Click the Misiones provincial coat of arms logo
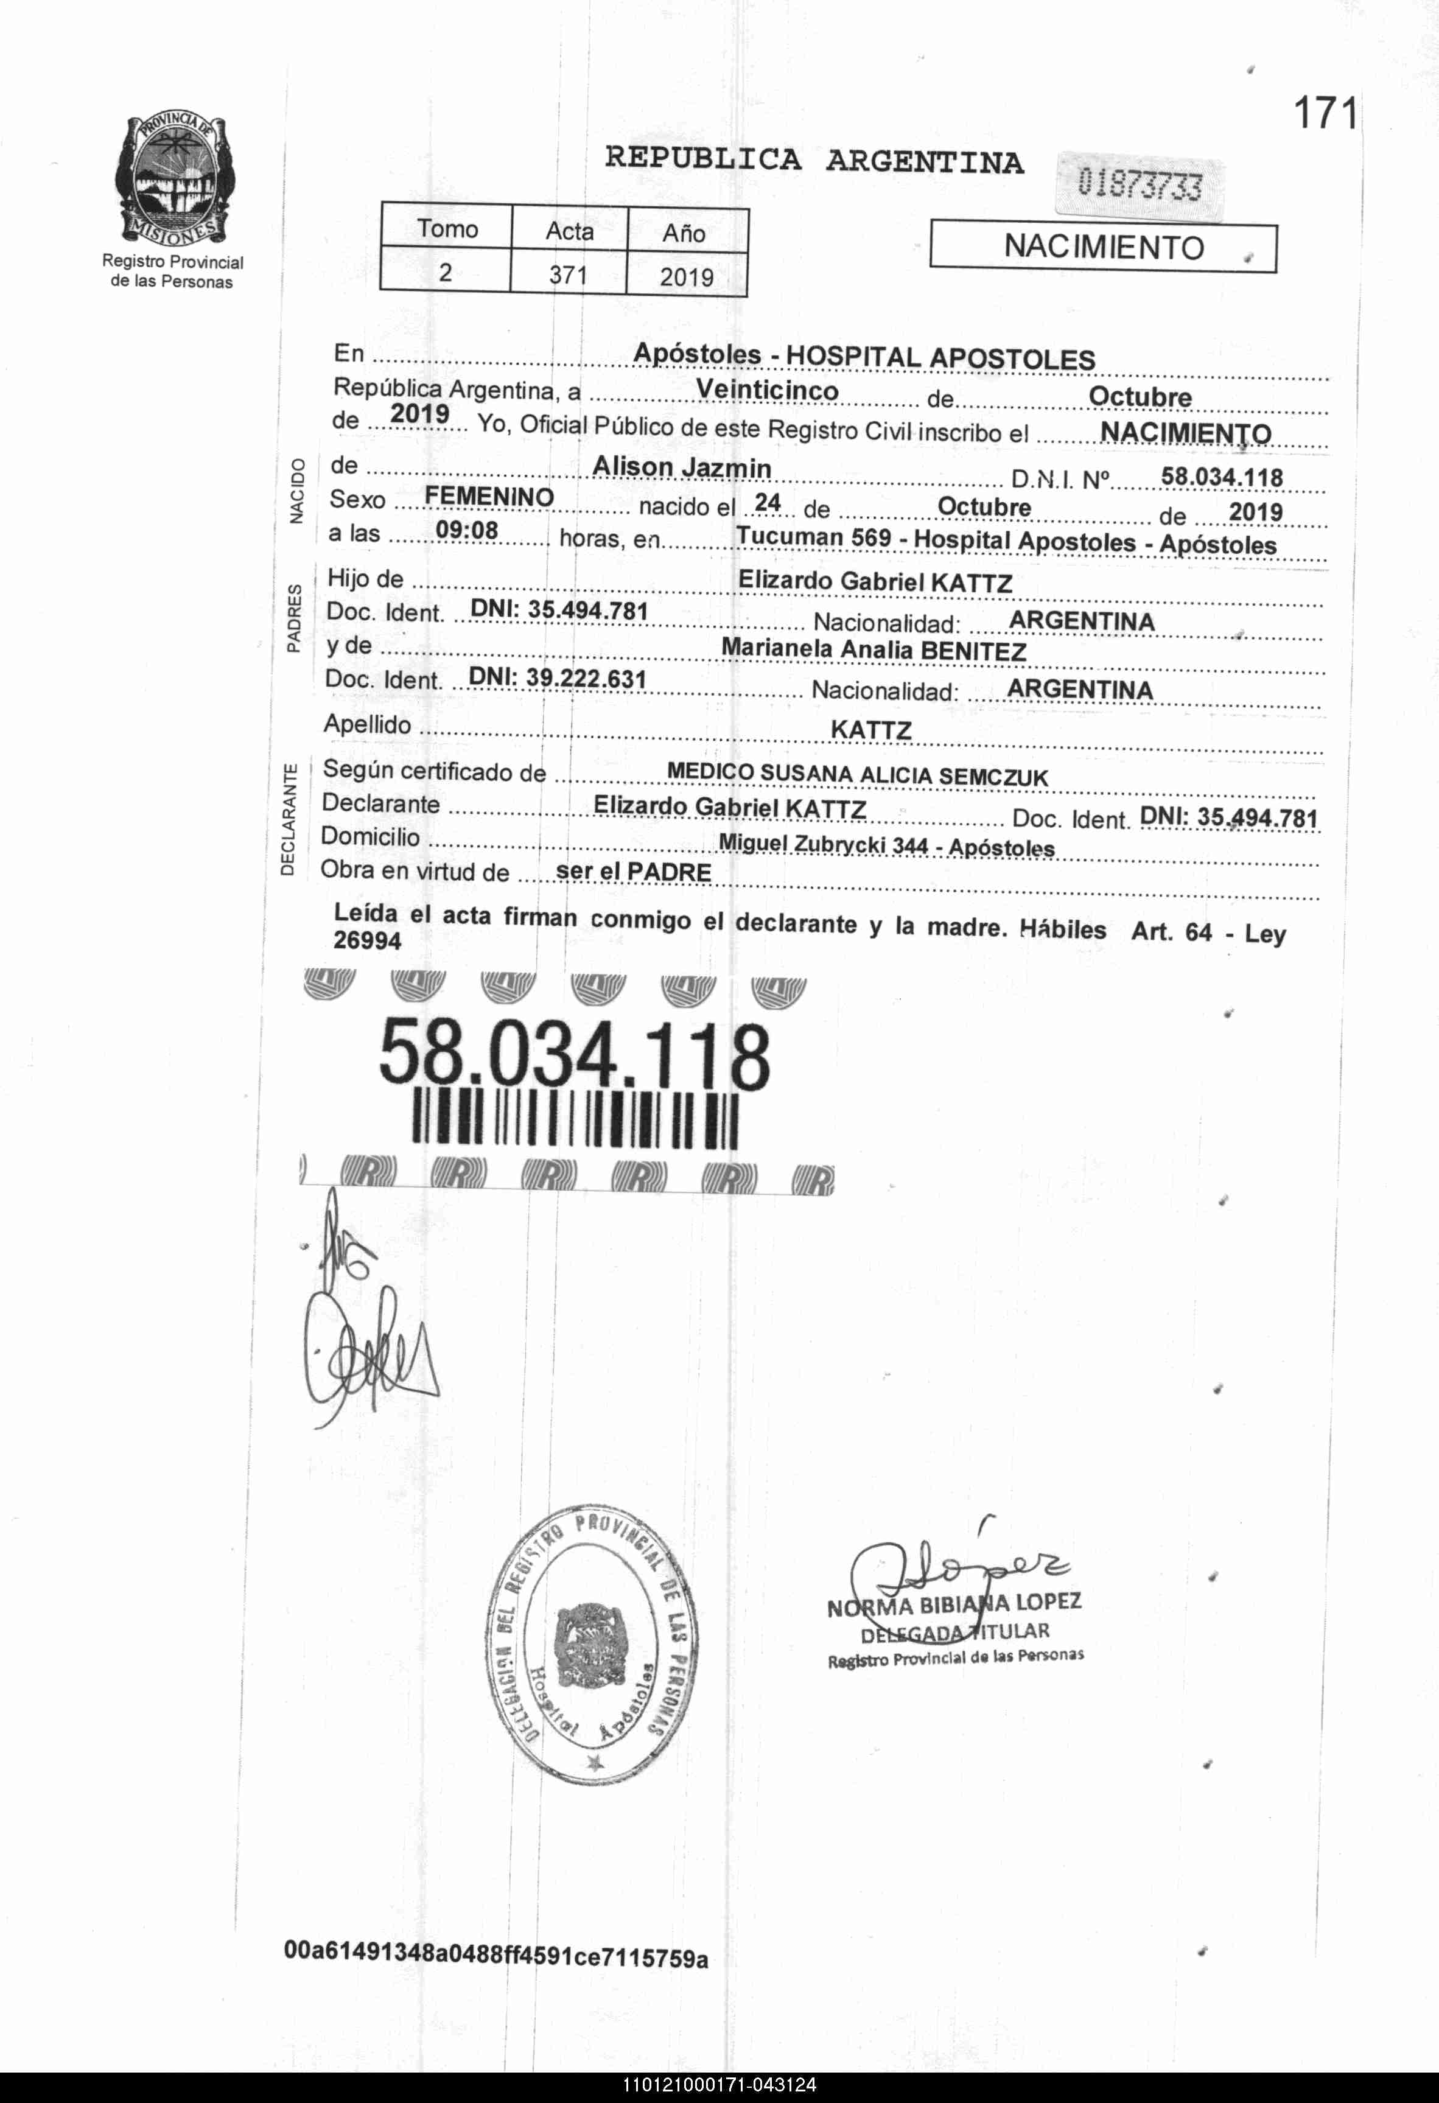173,180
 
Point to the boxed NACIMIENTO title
1103,247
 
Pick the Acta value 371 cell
569,274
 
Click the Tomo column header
447,229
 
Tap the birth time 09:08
467,530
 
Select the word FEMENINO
489,496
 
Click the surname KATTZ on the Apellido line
870,729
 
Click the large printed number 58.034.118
575,1054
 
